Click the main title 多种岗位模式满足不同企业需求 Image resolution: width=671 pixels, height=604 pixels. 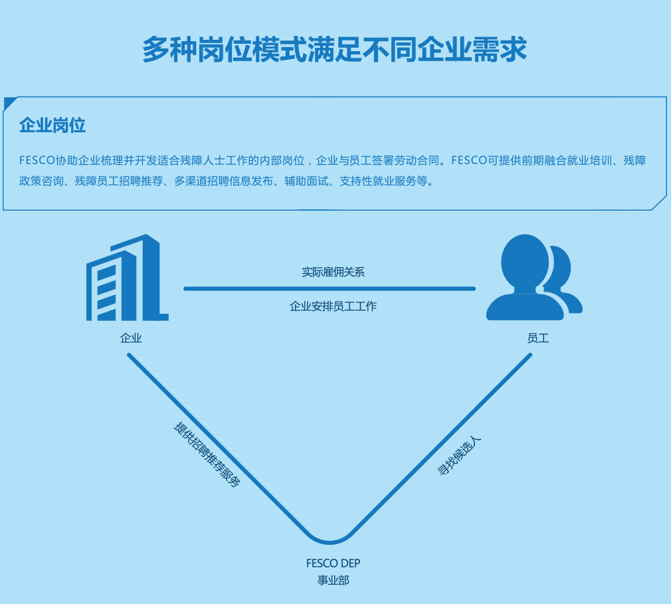(x=335, y=50)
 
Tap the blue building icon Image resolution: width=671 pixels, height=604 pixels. (x=127, y=278)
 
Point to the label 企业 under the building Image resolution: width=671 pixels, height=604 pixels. (x=131, y=338)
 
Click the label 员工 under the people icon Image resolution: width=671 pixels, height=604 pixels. (x=538, y=338)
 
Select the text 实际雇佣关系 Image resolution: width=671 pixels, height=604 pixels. (x=333, y=272)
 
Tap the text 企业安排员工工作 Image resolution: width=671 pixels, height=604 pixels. (x=333, y=306)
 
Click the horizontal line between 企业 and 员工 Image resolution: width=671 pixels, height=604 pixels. (x=330, y=288)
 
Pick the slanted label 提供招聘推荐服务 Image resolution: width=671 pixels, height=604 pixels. (x=207, y=454)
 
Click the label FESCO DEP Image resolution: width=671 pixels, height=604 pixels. (x=333, y=563)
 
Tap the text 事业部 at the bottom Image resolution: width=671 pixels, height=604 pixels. (x=333, y=580)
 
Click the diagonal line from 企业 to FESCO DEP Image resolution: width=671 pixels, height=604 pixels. (x=219, y=445)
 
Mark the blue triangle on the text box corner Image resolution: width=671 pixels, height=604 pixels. (x=9, y=102)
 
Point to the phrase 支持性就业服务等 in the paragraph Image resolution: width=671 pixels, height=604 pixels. (x=386, y=181)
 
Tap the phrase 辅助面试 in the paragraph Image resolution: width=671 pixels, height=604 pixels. (x=306, y=181)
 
